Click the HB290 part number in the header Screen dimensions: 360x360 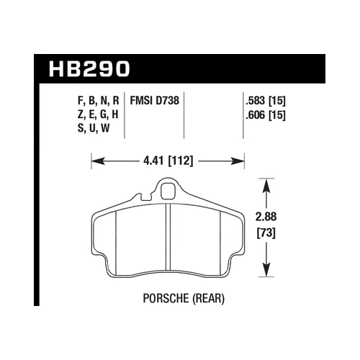pos(90,70)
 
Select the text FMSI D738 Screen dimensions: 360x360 pos(154,102)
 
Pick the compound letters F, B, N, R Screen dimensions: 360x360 pos(94,102)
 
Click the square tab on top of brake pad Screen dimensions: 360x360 pos(168,192)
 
